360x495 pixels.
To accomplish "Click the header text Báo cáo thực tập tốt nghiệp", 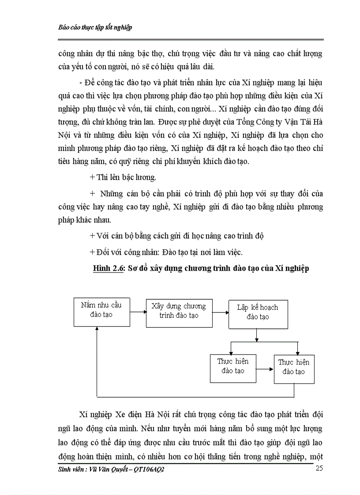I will coord(95,27).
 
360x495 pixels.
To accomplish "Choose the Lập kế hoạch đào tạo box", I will coord(258,314).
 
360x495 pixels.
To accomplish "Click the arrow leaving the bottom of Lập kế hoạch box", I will coord(257,335).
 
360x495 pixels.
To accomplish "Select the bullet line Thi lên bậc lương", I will coord(119,177).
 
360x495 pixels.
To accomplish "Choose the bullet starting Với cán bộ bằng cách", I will coord(176,236).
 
